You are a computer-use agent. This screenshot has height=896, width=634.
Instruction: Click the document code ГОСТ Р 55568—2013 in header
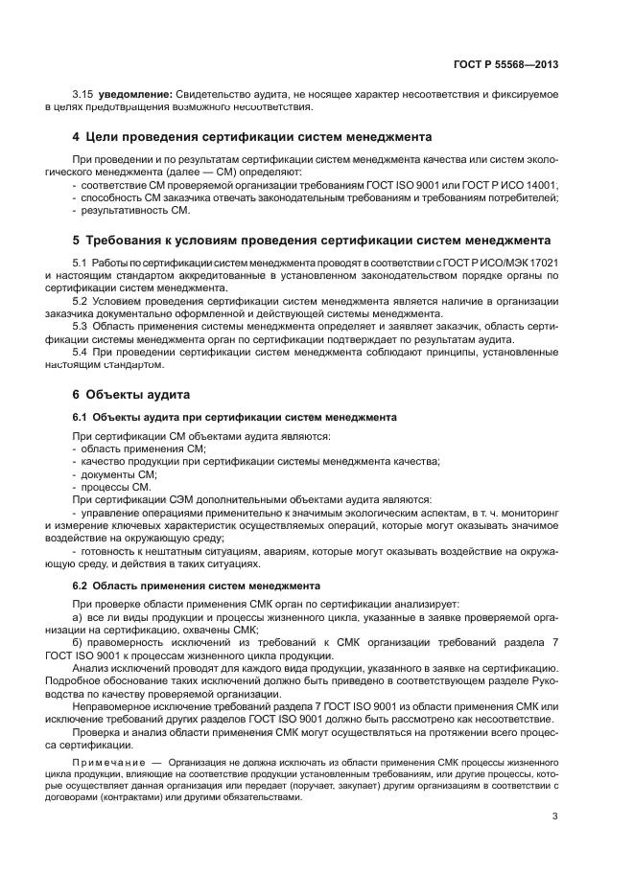[505, 65]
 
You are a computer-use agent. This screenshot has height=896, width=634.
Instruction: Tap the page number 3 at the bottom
[555, 816]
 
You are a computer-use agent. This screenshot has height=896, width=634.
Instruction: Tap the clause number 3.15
[84, 94]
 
